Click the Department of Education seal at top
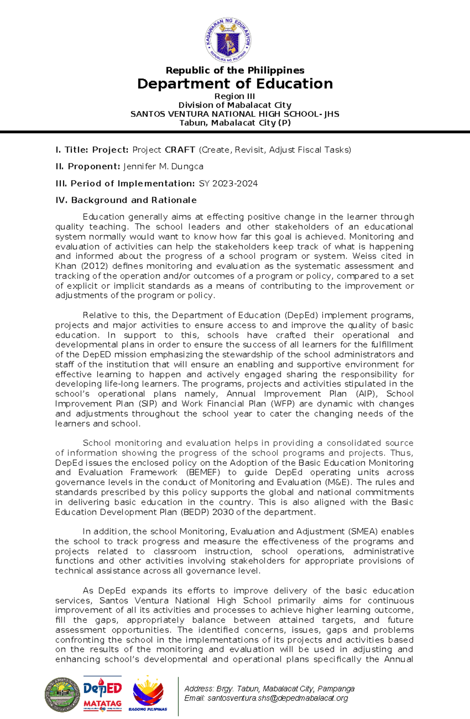point(228,40)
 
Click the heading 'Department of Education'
point(235,84)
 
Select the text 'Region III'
point(235,96)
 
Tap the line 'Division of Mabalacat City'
point(235,105)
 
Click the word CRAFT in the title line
point(180,150)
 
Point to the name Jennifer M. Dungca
point(163,167)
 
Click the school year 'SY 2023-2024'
point(228,183)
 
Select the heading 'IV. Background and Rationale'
point(126,200)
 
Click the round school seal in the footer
point(62,695)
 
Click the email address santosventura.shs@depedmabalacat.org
point(266,698)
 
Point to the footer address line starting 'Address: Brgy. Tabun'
point(269,689)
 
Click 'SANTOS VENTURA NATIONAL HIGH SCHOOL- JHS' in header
point(235,114)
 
